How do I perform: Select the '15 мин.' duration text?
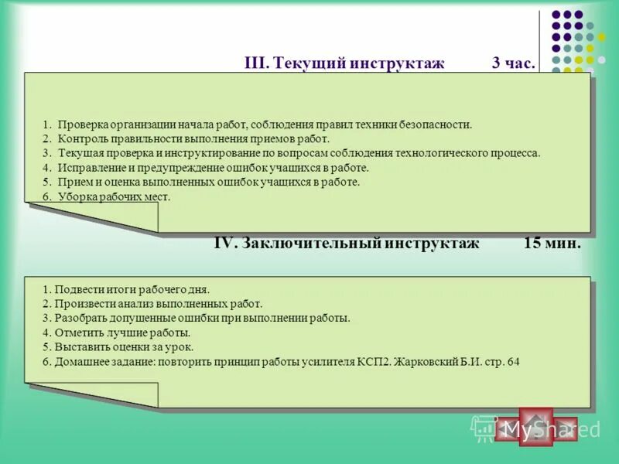point(552,243)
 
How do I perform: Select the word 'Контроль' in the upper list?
point(80,139)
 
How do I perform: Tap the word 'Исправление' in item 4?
point(87,168)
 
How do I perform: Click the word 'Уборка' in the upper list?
point(74,197)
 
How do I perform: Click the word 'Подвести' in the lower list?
point(76,290)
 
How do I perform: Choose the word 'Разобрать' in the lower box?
point(78,318)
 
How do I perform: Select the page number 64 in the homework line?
point(513,362)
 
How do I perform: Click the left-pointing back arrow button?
point(508,428)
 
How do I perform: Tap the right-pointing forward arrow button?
point(564,428)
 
